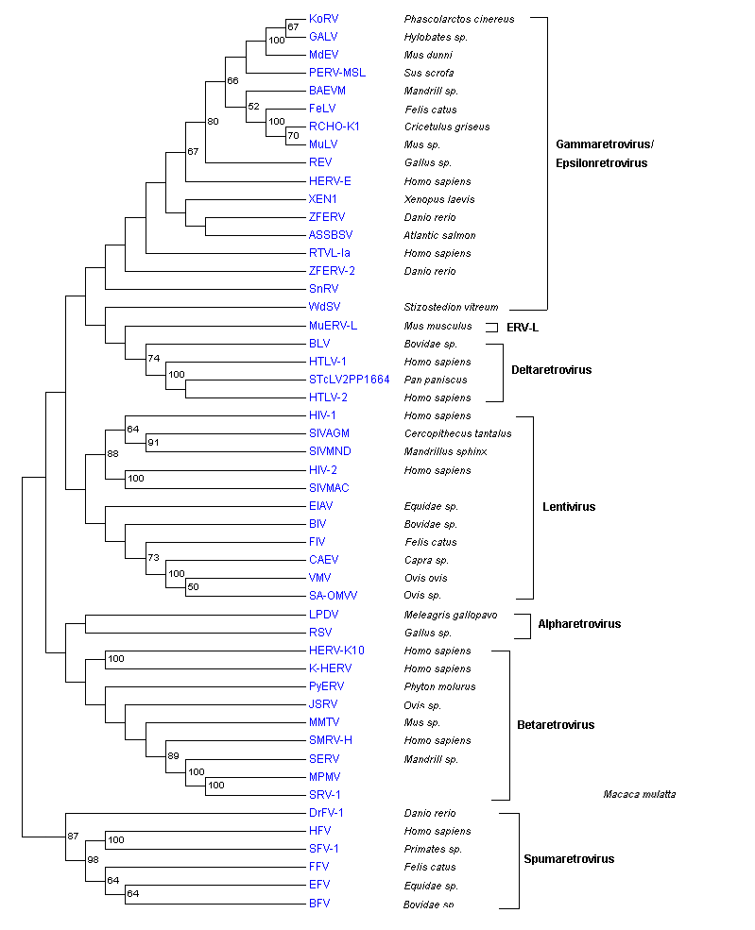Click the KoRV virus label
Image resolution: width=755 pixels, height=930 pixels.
point(323,19)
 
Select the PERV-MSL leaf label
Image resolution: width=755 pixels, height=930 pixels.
point(337,73)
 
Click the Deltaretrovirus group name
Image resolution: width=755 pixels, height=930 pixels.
point(551,370)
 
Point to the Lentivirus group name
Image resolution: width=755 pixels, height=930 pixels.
point(569,507)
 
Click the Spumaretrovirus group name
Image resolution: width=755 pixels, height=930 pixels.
point(569,859)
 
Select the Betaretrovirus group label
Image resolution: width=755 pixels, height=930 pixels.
point(556,725)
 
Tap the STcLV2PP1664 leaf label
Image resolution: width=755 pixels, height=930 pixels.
point(349,380)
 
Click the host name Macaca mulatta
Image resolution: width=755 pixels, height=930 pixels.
point(639,795)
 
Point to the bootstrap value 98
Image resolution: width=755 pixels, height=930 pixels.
point(94,859)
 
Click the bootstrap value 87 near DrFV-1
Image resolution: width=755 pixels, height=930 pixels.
point(73,837)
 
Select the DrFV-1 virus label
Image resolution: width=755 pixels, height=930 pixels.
point(326,813)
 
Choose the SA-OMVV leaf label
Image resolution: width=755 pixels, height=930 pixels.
point(333,596)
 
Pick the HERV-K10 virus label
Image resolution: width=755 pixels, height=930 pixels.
point(336,651)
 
